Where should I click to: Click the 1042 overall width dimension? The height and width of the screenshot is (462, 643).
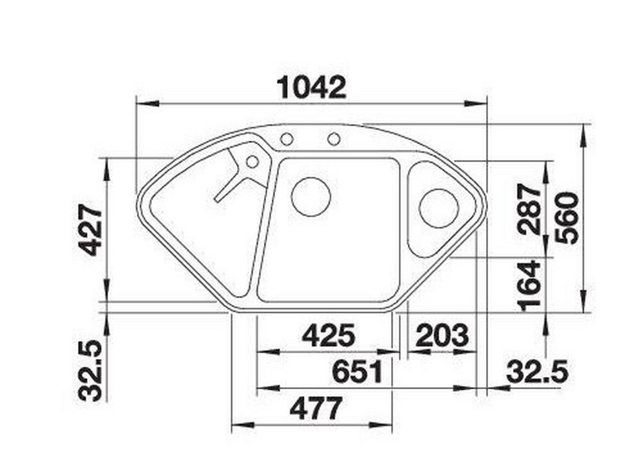coord(312,88)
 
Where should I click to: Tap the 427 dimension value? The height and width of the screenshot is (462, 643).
coord(91,230)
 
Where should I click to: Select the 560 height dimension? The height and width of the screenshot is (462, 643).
coord(567,218)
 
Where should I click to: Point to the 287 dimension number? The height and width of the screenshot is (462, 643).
coord(529,209)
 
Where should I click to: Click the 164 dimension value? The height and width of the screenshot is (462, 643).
coord(529,286)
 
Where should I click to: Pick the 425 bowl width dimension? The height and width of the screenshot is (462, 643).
coord(328,335)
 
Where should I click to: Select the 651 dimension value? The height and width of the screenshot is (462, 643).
coord(357,372)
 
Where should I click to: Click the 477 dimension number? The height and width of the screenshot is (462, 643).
coord(316,408)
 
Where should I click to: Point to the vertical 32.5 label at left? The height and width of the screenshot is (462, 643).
coord(91,370)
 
